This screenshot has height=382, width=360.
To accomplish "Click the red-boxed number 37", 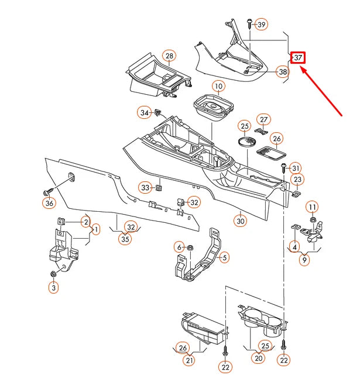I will [x=298, y=57].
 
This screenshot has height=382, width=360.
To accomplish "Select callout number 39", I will [x=261, y=25].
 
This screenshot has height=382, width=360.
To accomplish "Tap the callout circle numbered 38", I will [x=283, y=72].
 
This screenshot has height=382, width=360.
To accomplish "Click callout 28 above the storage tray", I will [x=169, y=56].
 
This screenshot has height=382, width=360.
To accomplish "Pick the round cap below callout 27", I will [x=246, y=141].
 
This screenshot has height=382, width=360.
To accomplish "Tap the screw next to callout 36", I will [x=48, y=191].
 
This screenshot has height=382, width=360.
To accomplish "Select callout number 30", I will [x=240, y=221].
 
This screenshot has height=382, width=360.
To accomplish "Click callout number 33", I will [x=145, y=187].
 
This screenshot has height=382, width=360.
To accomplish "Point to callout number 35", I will [x=124, y=239].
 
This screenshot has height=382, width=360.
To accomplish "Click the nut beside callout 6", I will [x=191, y=247].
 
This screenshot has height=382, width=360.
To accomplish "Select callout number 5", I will [x=225, y=256].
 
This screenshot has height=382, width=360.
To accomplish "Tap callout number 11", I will [x=313, y=208].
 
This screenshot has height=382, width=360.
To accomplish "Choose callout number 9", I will [x=304, y=260].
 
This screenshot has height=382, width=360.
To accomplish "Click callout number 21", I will [x=190, y=360].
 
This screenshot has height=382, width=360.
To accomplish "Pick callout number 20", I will [x=258, y=358].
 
